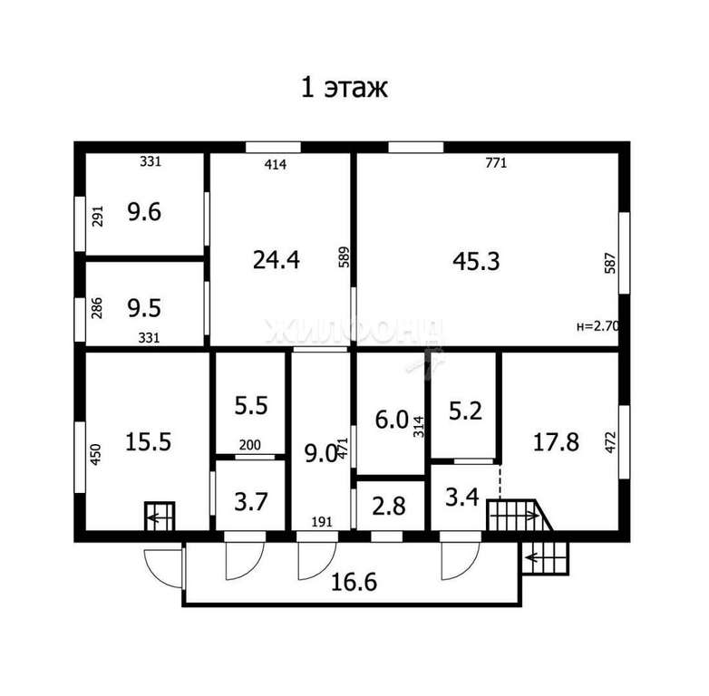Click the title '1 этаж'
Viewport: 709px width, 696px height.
(345, 88)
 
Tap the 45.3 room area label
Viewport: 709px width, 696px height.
(476, 261)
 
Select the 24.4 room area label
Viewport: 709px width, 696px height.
(277, 260)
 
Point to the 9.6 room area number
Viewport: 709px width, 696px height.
(144, 212)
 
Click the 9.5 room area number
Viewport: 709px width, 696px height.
(144, 308)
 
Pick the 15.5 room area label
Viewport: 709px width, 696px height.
(149, 441)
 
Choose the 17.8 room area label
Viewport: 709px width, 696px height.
(556, 441)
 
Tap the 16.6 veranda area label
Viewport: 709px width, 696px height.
(354, 582)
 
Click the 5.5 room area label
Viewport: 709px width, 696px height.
(251, 405)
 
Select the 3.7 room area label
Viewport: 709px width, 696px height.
(251, 502)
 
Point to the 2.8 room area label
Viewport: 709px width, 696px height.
(389, 507)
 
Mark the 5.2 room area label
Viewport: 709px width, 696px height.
(465, 411)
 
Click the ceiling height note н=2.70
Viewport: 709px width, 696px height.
(597, 326)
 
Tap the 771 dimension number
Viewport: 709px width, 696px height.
(496, 163)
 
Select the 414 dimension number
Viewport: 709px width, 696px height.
(276, 164)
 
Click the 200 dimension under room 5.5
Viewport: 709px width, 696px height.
(249, 445)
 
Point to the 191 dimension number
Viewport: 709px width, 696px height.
(322, 522)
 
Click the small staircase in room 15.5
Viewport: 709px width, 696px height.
(160, 517)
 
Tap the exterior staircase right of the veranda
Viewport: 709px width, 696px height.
(545, 557)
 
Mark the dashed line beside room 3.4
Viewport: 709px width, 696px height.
(500, 482)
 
